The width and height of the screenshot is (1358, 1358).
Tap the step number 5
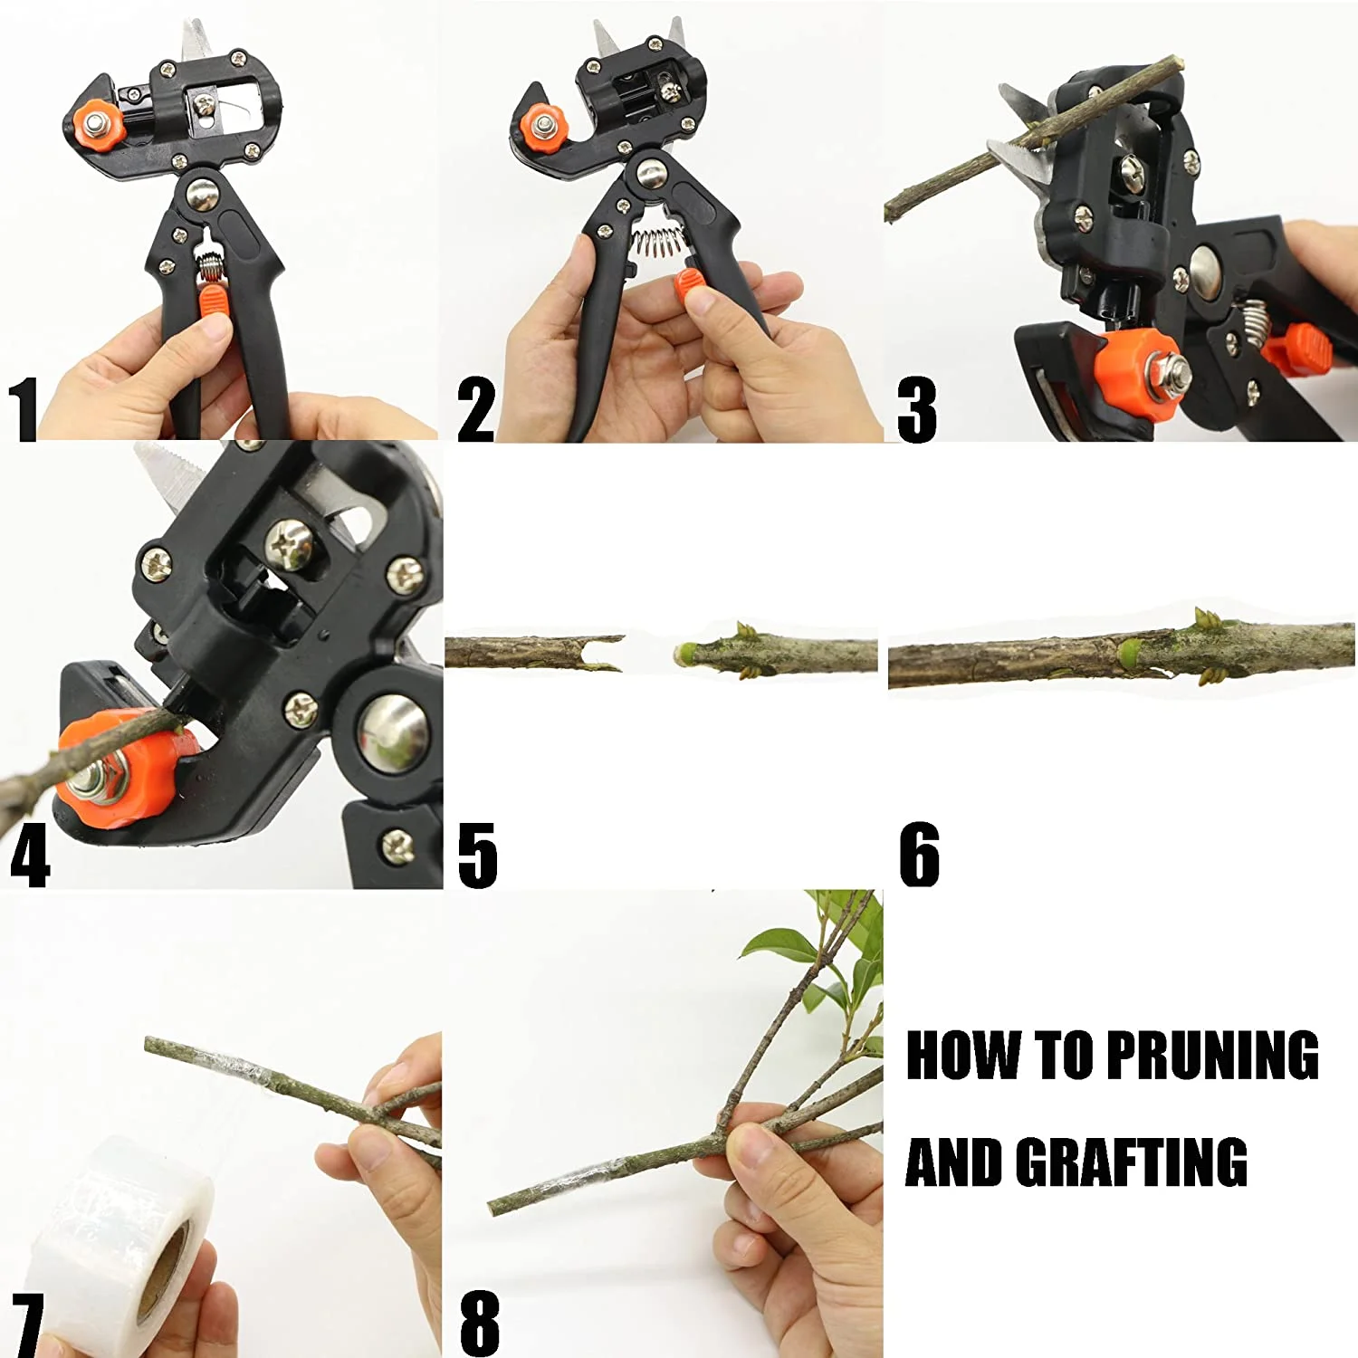pos(477,855)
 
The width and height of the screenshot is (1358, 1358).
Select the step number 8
pos(480,1323)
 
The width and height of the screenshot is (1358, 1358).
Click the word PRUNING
pos(1212,1056)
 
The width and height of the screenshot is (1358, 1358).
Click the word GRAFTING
pos(1131,1162)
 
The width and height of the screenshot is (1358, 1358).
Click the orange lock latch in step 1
pos(214,298)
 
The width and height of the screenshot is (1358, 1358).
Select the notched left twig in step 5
pos(534,653)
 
